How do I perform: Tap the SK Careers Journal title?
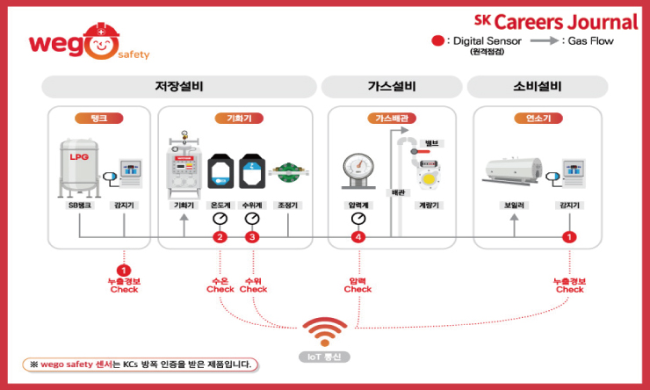556,21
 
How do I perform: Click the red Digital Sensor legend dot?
437,40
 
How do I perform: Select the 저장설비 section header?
178,87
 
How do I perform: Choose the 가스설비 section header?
391,87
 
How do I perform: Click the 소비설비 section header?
537,87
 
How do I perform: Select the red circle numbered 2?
220,237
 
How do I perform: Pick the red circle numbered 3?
253,237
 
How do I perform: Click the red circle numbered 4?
357,237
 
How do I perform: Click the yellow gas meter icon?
429,176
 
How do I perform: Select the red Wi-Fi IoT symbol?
325,332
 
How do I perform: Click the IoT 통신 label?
326,357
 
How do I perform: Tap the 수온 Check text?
220,285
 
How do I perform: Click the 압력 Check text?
357,285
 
